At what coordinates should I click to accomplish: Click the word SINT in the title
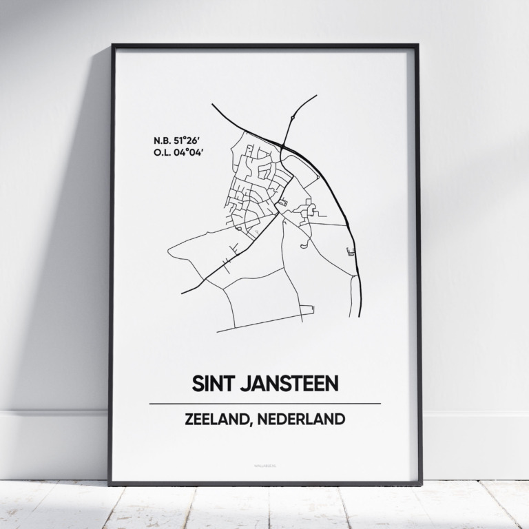click(x=211, y=384)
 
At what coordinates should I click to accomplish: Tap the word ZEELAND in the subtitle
click(x=217, y=419)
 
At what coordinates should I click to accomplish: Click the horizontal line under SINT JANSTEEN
click(x=264, y=403)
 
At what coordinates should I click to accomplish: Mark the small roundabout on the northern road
click(x=293, y=118)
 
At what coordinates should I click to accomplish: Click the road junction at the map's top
click(x=284, y=143)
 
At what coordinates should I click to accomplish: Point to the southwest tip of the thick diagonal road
click(x=183, y=293)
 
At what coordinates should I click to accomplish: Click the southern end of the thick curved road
click(x=359, y=316)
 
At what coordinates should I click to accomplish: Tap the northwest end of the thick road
click(x=212, y=105)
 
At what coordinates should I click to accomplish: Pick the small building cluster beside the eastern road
click(x=351, y=251)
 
